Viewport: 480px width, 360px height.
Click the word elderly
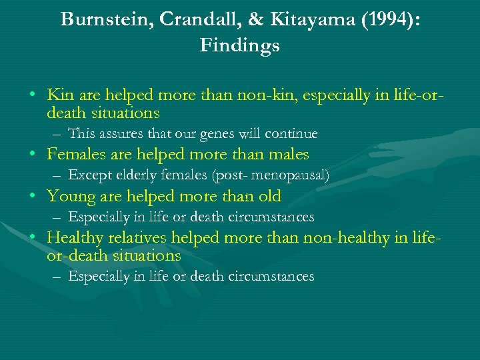134,175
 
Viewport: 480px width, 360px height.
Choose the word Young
71,197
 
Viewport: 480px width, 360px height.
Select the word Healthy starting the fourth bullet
75,238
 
